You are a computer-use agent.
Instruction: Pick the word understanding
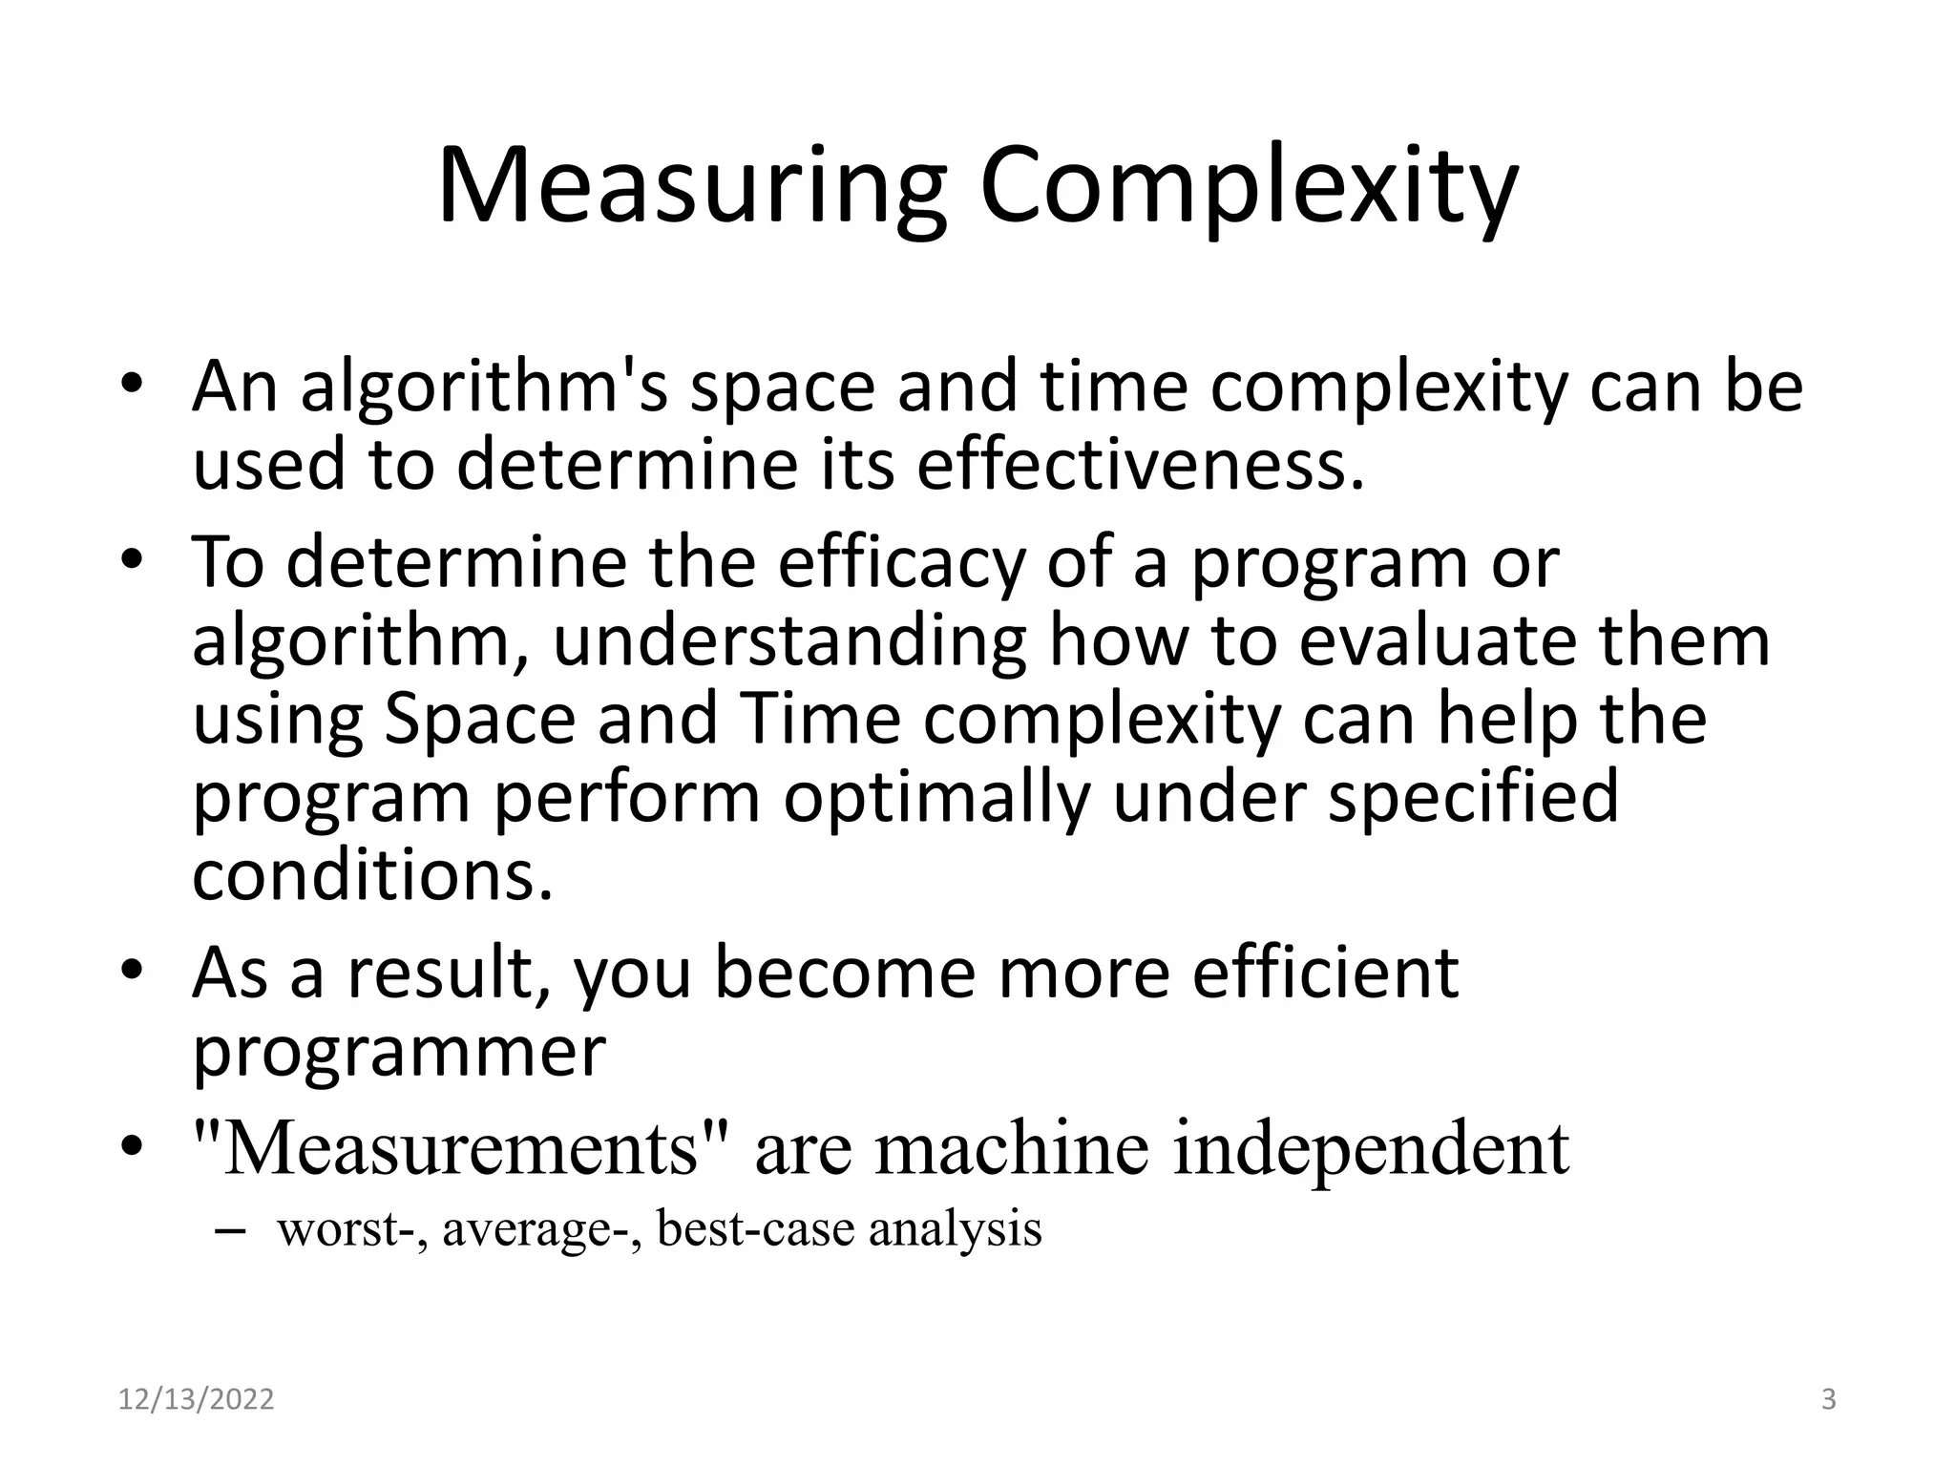point(789,640)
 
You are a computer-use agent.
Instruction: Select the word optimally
point(936,797)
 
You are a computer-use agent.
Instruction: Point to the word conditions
point(372,875)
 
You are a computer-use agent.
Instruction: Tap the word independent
point(1371,1147)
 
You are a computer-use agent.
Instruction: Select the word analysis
point(955,1229)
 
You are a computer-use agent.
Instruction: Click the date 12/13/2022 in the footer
point(196,1400)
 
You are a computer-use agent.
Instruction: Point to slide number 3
point(1828,1400)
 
